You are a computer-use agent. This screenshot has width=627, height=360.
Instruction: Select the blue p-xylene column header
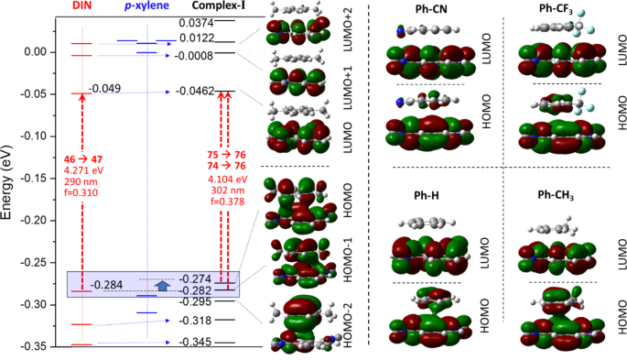(x=138, y=7)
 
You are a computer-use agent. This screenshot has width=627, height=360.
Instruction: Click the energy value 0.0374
(x=197, y=22)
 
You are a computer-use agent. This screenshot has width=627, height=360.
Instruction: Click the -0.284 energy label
(x=107, y=285)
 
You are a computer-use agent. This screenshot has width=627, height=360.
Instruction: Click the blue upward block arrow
(x=162, y=285)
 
